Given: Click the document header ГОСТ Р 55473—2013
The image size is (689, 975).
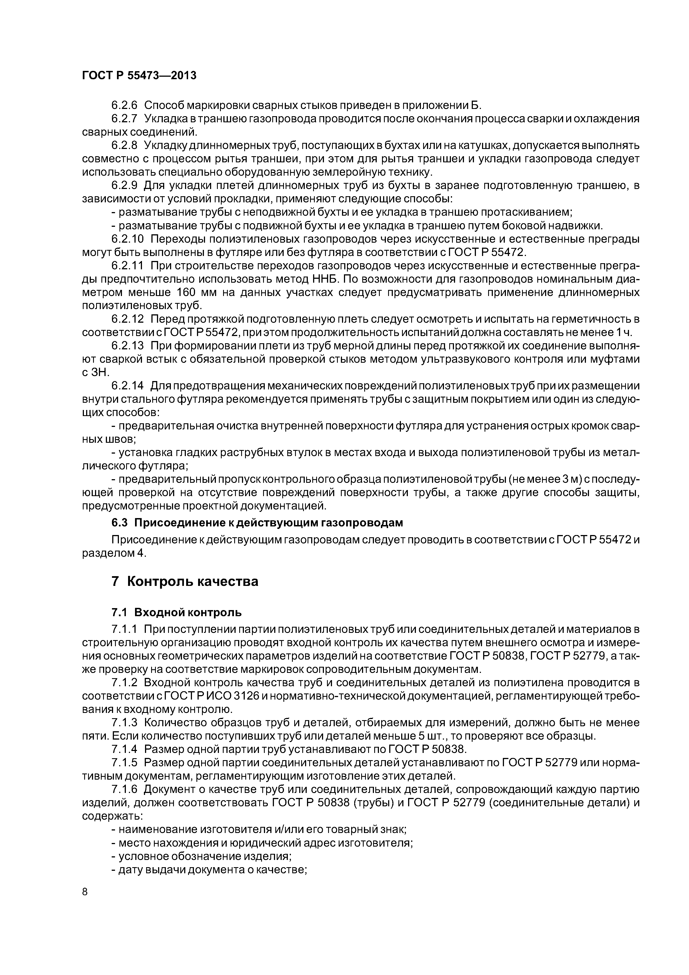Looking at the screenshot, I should pos(139,76).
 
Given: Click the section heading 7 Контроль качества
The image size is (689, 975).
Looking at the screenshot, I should pos(185,581).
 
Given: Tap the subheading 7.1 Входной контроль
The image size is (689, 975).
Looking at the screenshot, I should pos(177,612).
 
